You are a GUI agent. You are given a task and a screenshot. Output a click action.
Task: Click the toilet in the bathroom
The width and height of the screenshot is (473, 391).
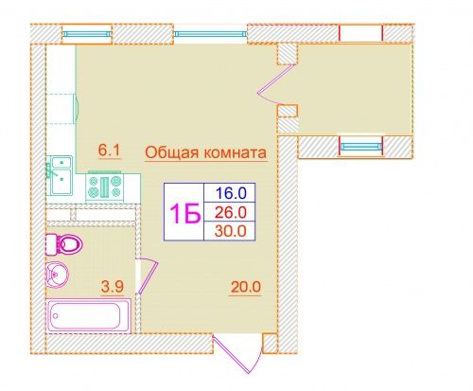tap(64, 243)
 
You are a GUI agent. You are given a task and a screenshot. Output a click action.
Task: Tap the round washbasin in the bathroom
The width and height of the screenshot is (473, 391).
tap(57, 275)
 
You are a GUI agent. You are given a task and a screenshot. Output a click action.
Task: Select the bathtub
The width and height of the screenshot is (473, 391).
tap(89, 315)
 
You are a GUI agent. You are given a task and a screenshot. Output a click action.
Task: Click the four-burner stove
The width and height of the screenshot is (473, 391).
tap(105, 187)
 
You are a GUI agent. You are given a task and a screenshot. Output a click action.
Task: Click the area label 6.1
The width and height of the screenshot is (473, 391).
tap(109, 151)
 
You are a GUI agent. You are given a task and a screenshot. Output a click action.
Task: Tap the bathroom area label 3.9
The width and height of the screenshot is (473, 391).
tap(112, 287)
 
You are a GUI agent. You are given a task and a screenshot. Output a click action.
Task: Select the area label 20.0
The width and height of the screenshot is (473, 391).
tap(246, 287)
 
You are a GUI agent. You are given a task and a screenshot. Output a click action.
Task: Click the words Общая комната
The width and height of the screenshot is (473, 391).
tap(206, 153)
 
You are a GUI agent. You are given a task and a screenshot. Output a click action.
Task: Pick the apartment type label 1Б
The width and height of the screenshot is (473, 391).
tap(185, 213)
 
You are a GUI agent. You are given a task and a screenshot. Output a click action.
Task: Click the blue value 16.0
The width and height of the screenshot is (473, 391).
tap(231, 193)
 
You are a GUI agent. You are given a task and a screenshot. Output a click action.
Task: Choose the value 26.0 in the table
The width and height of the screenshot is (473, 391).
tap(231, 212)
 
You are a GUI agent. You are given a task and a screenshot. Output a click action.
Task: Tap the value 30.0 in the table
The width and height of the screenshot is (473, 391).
tap(231, 231)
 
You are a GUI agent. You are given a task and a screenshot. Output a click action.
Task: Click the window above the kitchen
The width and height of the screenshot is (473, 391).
tap(87, 34)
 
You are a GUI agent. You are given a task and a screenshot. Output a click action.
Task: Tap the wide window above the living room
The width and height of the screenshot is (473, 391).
tap(210, 34)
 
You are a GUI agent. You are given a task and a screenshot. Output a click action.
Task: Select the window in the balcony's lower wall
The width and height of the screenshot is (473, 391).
tap(361, 146)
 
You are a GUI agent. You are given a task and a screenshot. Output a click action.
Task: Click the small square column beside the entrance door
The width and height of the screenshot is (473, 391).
tap(270, 344)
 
